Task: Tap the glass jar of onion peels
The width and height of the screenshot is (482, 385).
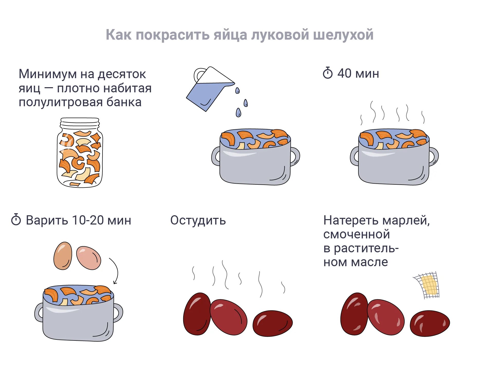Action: coord(80,153)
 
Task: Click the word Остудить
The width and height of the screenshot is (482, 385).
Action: coord(198,220)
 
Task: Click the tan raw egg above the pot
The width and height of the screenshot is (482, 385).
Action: coord(63,256)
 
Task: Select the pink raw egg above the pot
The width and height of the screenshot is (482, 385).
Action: coord(89,258)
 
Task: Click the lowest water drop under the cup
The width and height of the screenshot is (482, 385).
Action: coord(238,112)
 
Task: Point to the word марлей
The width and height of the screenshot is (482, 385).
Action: coord(406,220)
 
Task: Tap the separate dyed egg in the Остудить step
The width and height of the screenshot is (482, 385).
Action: coord(273,323)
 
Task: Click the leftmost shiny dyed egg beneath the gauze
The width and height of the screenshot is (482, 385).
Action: coord(354,314)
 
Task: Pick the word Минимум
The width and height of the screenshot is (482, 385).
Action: coord(48,74)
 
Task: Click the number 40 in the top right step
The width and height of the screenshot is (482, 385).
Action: coord(344,73)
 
